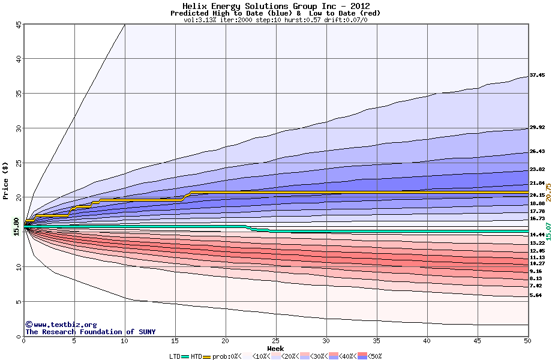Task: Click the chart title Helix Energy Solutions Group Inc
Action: point(275,6)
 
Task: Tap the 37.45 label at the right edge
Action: point(537,76)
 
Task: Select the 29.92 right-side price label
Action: point(537,127)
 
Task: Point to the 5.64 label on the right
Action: point(535,295)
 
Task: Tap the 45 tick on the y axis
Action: point(19,25)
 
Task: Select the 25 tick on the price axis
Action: point(19,163)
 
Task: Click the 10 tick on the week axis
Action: point(124,341)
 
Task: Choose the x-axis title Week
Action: point(275,348)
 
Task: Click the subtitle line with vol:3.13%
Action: point(275,20)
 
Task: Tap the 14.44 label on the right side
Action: point(537,235)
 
